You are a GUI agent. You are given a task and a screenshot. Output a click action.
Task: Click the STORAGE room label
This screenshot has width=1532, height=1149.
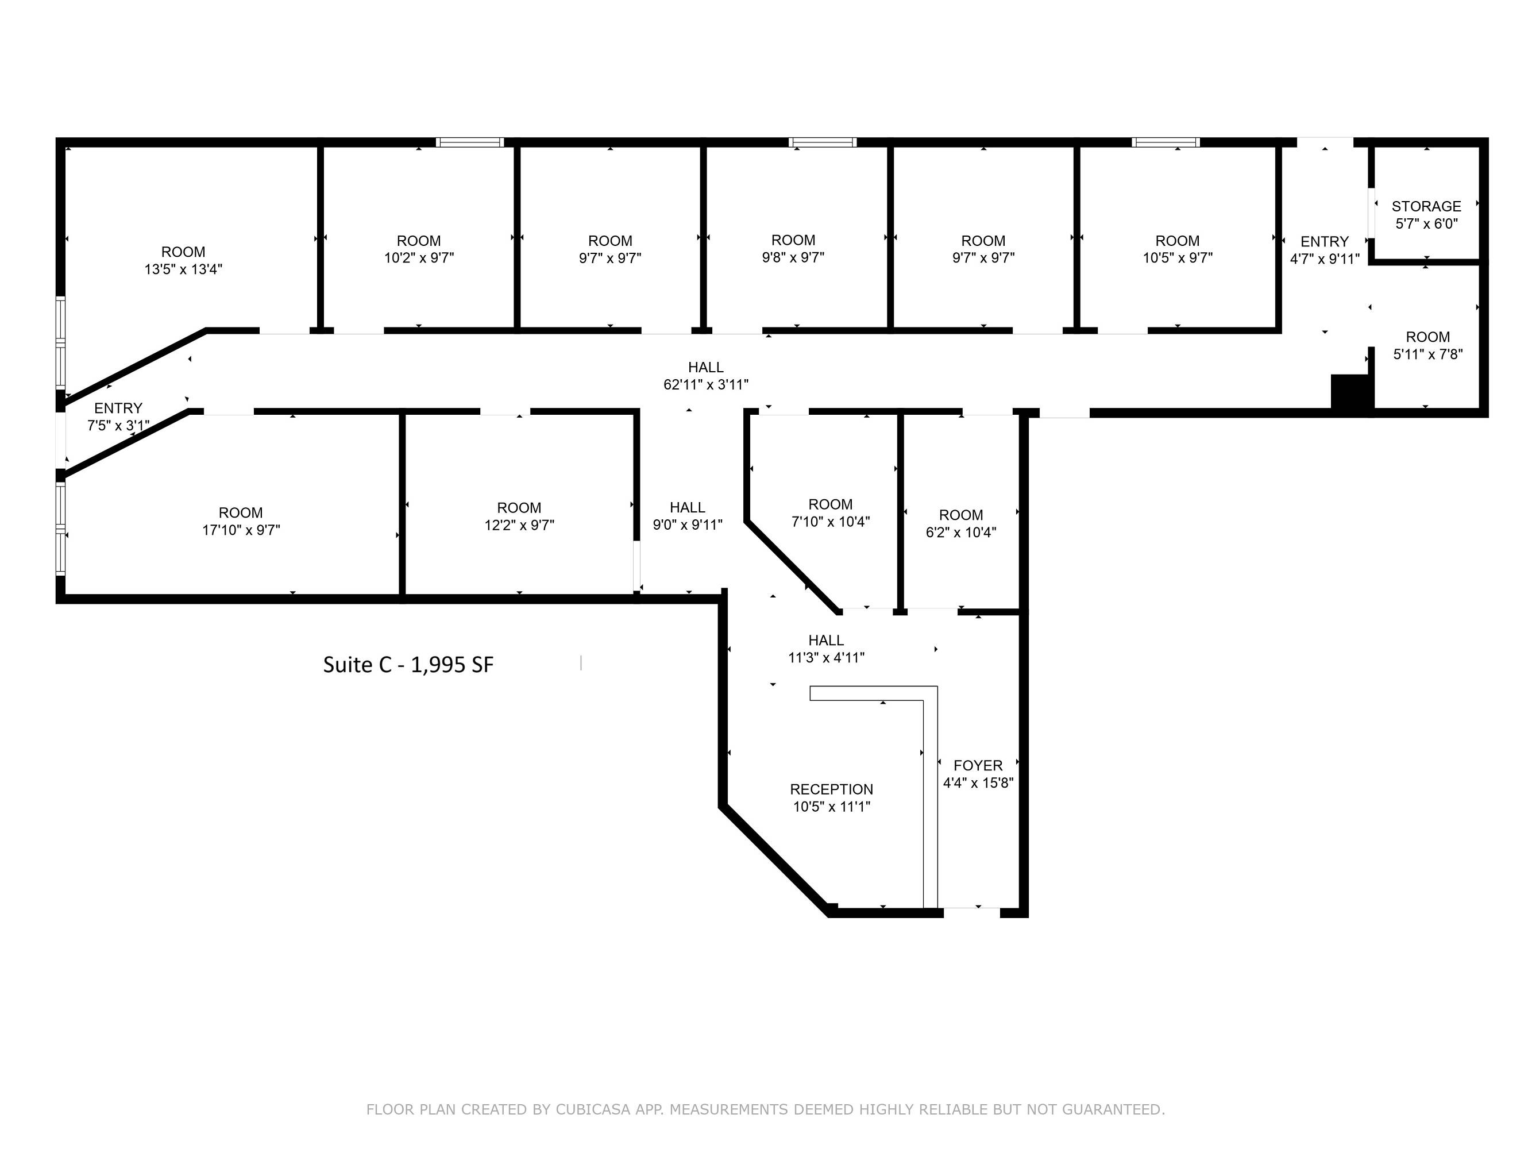1426,206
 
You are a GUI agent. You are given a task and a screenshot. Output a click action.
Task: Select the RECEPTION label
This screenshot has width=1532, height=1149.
831,789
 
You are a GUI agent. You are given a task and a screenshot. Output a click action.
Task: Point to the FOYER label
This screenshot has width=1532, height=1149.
978,765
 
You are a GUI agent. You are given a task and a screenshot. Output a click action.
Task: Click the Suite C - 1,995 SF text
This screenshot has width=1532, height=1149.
408,665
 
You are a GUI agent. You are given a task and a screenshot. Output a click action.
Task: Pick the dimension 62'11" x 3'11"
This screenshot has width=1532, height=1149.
706,384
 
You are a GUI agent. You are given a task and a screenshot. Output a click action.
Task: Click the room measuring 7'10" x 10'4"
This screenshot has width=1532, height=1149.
831,513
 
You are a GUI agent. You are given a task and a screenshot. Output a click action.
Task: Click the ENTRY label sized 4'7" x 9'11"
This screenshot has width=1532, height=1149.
1324,242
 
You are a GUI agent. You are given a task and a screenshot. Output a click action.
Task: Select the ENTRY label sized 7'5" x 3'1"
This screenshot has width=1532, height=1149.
118,408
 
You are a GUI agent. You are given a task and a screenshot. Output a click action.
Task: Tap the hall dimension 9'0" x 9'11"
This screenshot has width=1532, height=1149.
687,525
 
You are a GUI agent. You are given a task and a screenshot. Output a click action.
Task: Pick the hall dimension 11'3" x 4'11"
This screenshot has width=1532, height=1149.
826,658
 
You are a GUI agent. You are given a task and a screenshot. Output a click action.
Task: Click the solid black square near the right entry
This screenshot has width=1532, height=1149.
1351,394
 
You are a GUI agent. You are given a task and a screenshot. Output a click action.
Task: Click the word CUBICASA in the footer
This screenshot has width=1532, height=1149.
593,1109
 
